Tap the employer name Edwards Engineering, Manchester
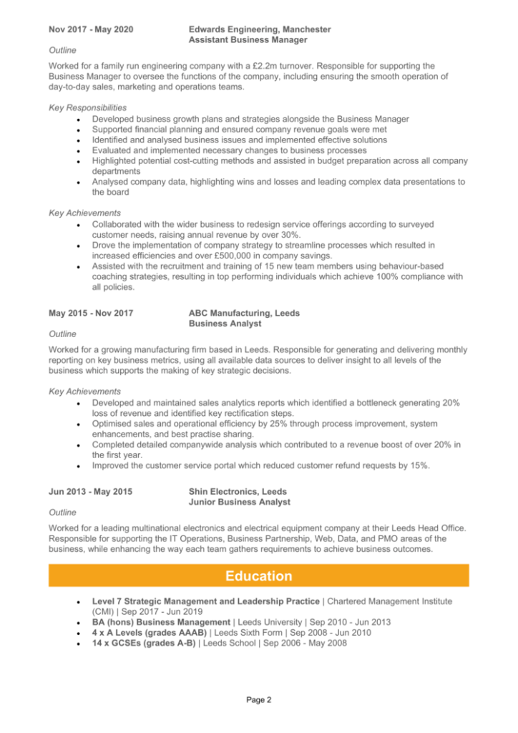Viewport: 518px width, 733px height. click(259, 29)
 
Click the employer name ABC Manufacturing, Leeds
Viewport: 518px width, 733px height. click(244, 313)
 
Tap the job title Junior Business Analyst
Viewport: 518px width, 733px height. click(239, 503)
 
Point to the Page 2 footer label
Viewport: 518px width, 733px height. click(258, 700)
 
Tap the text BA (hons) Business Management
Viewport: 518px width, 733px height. click(161, 623)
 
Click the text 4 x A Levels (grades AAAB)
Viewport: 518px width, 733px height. click(149, 634)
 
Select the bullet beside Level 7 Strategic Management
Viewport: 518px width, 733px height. click(77, 602)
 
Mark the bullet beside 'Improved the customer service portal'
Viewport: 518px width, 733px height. click(77, 466)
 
